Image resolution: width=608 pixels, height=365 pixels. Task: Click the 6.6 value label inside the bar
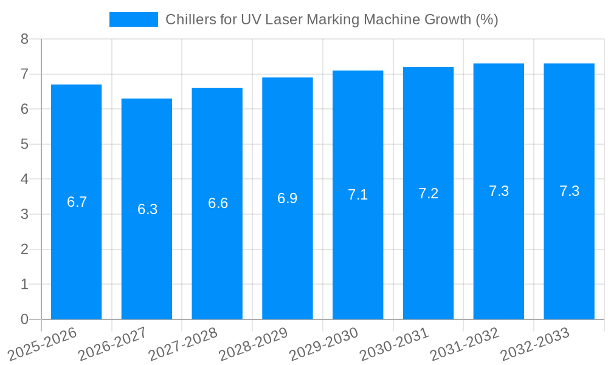point(218,203)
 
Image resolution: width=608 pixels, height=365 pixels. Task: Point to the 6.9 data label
point(288,198)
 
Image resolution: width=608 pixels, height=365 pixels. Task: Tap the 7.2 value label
point(428,193)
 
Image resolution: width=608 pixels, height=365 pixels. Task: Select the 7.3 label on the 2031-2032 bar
point(499,191)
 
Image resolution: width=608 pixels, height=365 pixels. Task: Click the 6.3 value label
point(147,209)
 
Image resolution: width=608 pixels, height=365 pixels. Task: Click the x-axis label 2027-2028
point(183,344)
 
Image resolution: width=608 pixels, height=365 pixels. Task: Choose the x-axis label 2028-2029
point(254,344)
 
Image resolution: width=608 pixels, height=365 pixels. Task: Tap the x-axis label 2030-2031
point(395,344)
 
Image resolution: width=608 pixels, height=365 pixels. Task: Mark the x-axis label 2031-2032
point(465,344)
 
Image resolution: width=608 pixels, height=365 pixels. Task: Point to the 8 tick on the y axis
point(24,40)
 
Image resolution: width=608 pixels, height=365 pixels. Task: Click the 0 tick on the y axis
point(24,319)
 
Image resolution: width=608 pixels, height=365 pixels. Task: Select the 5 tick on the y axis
point(24,144)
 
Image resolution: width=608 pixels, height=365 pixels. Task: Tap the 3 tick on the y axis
point(24,214)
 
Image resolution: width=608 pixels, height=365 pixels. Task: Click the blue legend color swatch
point(133,19)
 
